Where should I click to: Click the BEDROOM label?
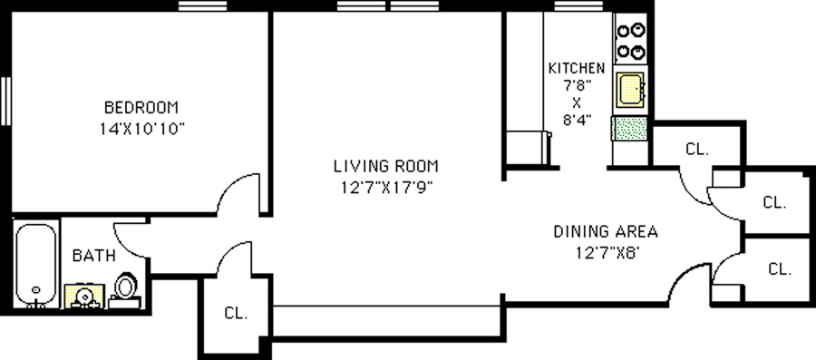point(141,108)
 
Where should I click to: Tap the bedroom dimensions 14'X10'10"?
point(142,129)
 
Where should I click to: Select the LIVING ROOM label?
point(386,167)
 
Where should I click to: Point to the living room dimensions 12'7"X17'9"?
point(387,187)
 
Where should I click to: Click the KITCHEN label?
point(578,68)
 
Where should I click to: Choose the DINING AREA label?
point(606,231)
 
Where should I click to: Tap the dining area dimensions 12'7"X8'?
point(607,253)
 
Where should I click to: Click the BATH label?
point(93,256)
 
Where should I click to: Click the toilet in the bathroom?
point(125,289)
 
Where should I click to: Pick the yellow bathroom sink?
point(84,296)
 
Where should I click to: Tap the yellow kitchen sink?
point(630,90)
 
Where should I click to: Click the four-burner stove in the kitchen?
point(631,41)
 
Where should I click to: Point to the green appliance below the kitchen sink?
point(631,129)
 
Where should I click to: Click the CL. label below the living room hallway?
point(237,314)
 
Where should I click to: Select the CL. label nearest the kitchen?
point(697,150)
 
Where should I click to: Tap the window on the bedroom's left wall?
point(5,101)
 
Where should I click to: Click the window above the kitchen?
point(578,5)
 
